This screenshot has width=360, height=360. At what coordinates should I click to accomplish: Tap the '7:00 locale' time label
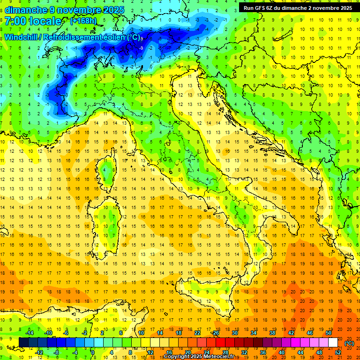pyautogui.click(x=33, y=21)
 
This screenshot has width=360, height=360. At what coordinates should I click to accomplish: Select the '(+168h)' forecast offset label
pyautogui.click(x=83, y=21)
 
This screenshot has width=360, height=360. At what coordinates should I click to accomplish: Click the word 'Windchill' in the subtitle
pyautogui.click(x=21, y=37)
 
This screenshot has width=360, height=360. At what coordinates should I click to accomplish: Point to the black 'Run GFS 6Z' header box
pyautogui.click(x=298, y=7)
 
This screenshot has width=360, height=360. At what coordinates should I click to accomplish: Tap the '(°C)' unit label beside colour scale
pyautogui.click(x=349, y=343)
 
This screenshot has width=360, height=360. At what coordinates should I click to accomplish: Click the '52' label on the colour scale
pyautogui.click(x=338, y=352)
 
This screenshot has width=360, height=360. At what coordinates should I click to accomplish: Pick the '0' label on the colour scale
pyautogui.click(x=92, y=352)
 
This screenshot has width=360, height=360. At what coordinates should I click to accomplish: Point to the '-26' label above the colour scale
pyautogui.click(x=215, y=333)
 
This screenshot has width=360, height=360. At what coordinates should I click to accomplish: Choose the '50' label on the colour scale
pyautogui.click(x=328, y=333)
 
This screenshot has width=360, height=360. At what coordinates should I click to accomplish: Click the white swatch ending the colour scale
pyautogui.click(x=333, y=342)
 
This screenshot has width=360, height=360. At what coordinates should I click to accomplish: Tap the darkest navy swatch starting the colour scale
pyautogui.click(x=23, y=342)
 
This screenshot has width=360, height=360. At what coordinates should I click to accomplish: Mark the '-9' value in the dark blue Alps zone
pyautogui.click(x=141, y=47)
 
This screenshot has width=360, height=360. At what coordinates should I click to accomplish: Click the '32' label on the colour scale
pyautogui.click(x=244, y=352)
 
